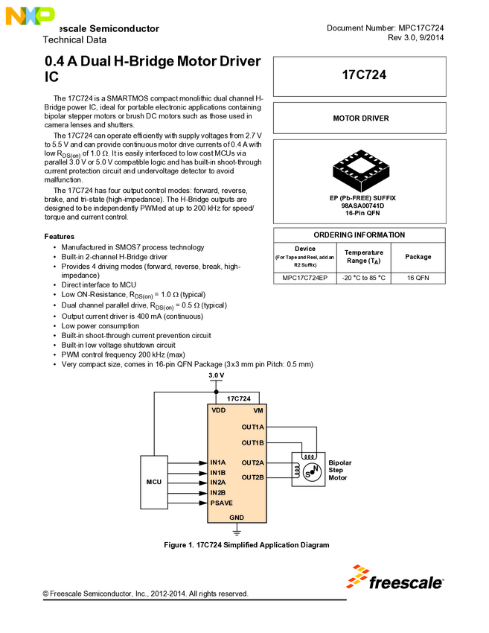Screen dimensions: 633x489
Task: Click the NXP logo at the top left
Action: (28, 14)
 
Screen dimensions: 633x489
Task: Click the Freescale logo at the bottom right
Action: (395, 578)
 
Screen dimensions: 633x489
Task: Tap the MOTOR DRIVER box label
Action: (359, 118)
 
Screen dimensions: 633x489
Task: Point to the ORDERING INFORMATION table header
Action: (359, 235)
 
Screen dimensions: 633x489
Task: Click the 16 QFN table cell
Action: (418, 278)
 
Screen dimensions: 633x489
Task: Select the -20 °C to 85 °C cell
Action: (363, 278)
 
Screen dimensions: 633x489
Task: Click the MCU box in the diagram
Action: (154, 482)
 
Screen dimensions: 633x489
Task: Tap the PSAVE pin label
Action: (221, 503)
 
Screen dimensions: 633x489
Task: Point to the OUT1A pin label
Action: (252, 427)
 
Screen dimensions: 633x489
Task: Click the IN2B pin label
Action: (218, 492)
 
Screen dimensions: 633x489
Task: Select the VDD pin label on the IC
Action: (218, 410)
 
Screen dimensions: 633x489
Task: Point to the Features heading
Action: (60, 236)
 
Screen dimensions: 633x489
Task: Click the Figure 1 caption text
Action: (246, 545)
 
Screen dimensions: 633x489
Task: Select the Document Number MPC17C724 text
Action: (385, 28)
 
